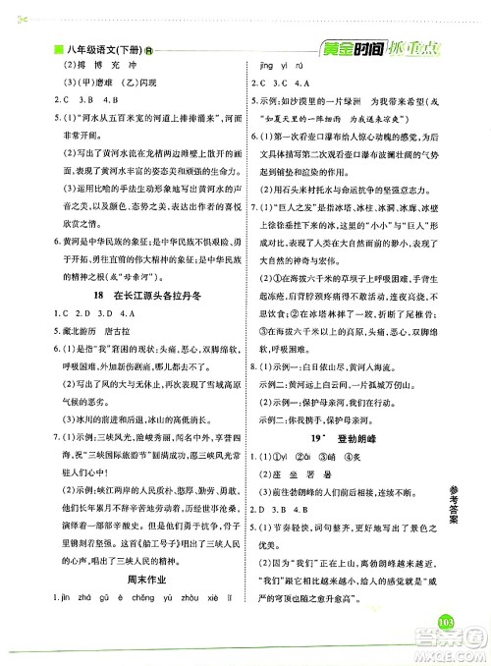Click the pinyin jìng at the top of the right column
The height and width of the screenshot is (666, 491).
[267, 68]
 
